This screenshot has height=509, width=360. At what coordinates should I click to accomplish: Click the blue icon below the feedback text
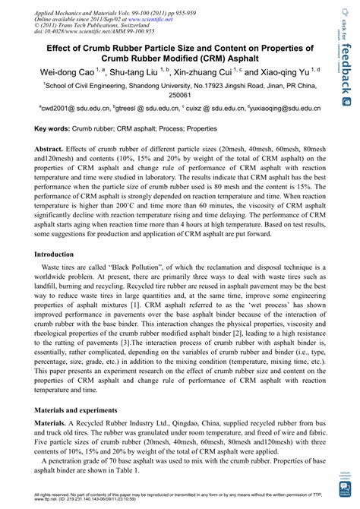click(346, 100)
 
